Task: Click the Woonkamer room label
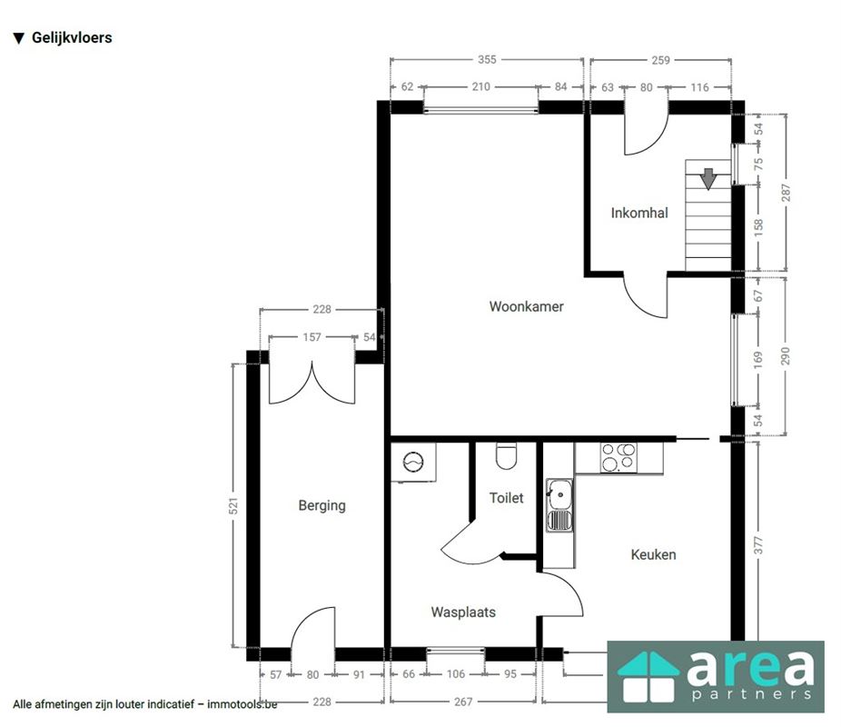[x=526, y=306]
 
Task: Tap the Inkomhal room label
[x=639, y=213]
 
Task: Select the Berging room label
[x=322, y=505]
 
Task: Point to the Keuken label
[x=653, y=554]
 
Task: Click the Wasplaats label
[x=463, y=612]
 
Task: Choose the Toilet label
[x=506, y=498]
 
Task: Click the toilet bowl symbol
[x=506, y=455]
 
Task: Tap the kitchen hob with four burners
[x=618, y=458]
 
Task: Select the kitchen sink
[x=559, y=505]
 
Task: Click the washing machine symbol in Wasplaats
[x=413, y=462]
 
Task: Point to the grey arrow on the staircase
[x=708, y=179]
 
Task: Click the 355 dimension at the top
[x=487, y=60]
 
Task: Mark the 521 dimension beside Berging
[x=233, y=506]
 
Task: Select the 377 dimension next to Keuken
[x=757, y=545]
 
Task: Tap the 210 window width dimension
[x=481, y=86]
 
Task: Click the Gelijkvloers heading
[x=72, y=37]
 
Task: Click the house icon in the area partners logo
[x=648, y=677]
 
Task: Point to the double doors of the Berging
[x=312, y=383]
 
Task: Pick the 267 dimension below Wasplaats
[x=463, y=702]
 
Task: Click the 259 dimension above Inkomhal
[x=661, y=60]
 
